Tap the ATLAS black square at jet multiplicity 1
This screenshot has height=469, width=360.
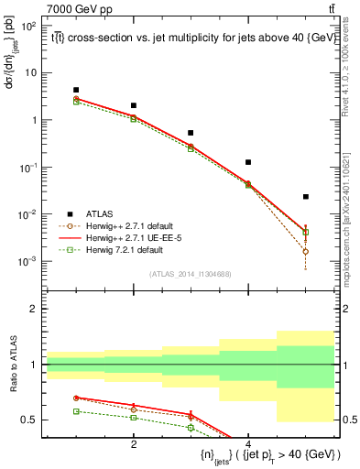(x=76, y=90)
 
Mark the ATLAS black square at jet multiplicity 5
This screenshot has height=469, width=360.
(x=306, y=196)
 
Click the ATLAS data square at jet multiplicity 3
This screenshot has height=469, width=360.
(x=191, y=133)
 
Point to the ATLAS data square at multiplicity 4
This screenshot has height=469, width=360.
(x=248, y=162)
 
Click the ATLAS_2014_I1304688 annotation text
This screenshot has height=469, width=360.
(x=191, y=274)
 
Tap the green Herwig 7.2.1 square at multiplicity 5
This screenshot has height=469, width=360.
(x=306, y=232)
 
